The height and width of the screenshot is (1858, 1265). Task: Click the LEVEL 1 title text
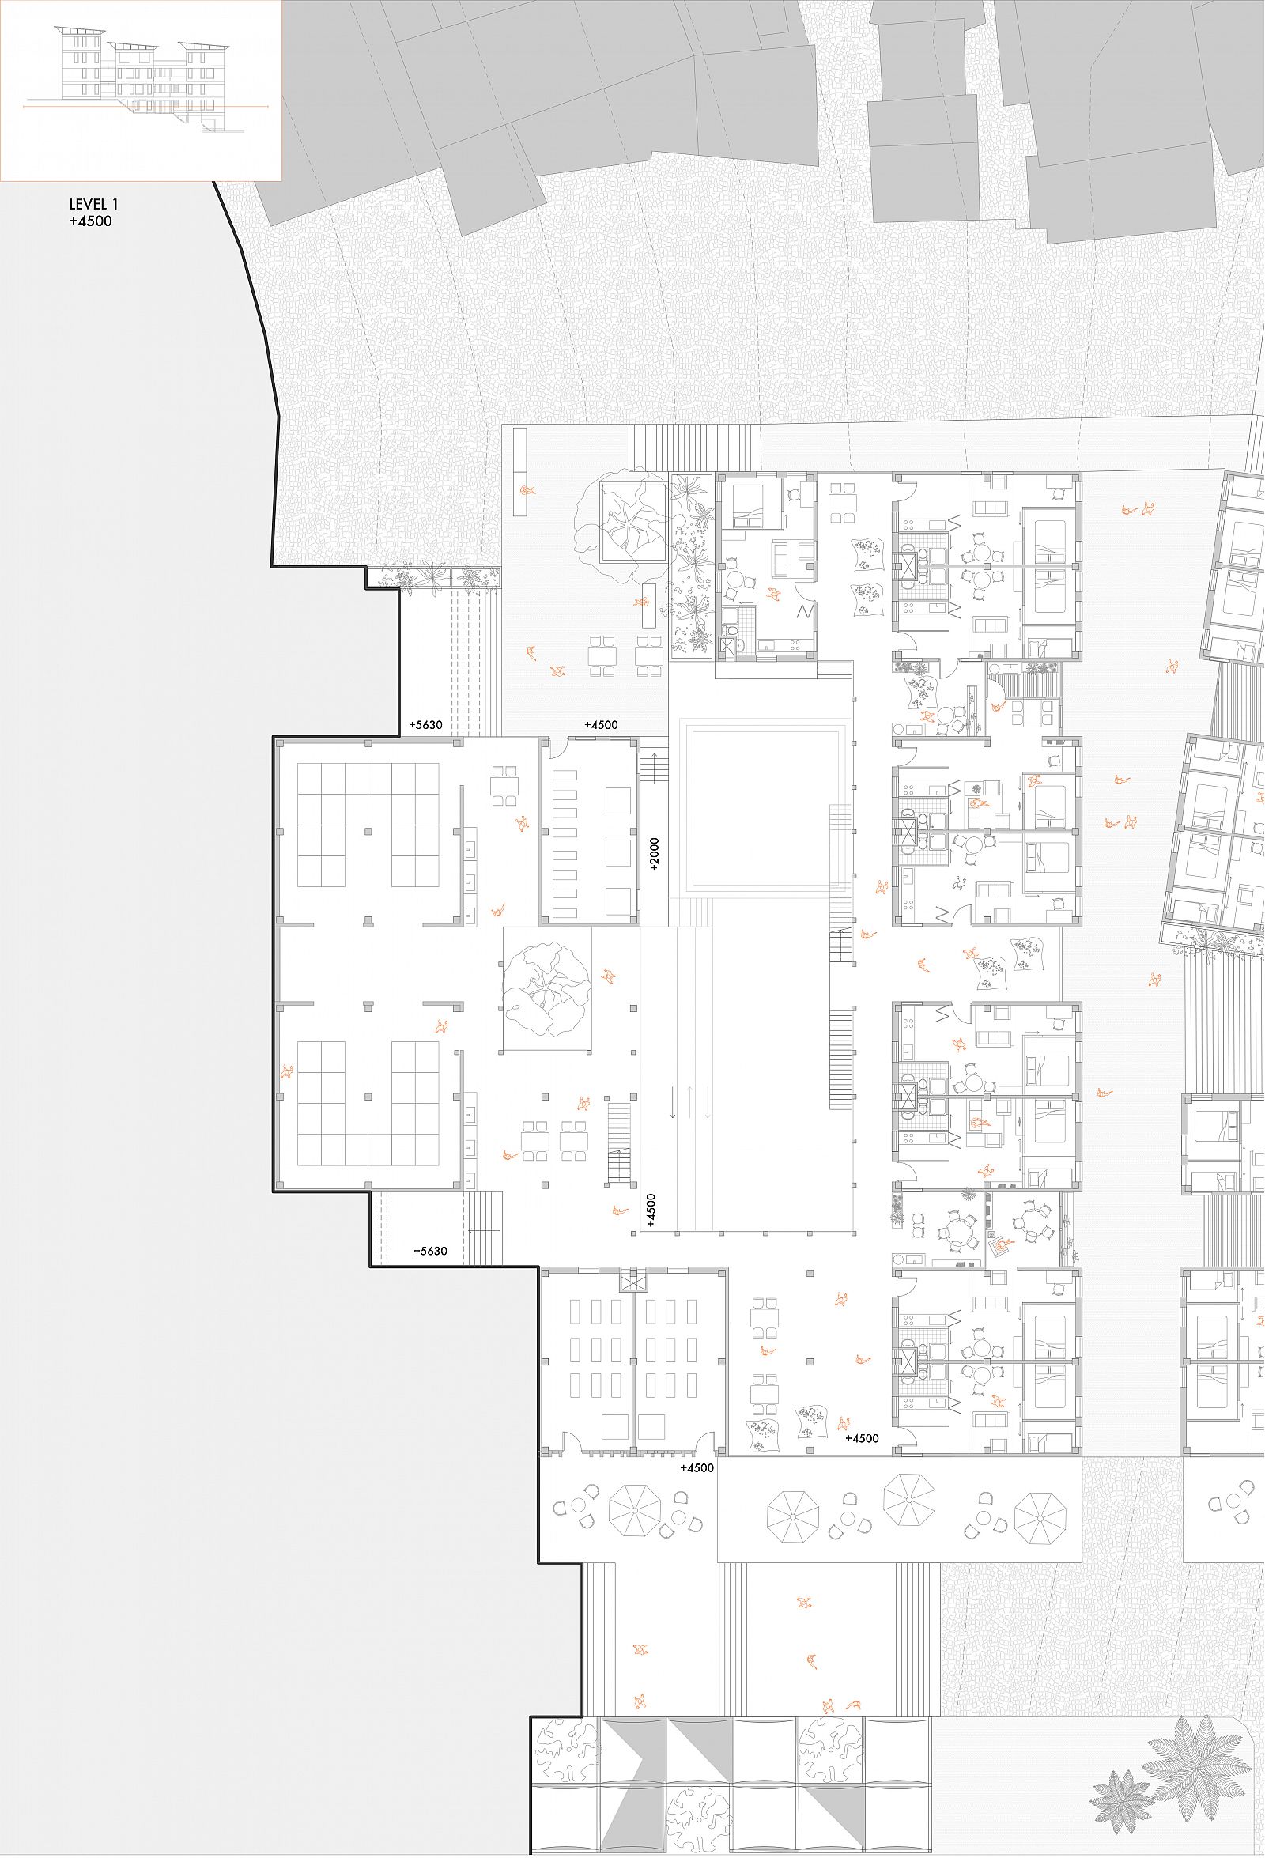[93, 206]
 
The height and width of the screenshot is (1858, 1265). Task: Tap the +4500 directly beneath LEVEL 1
[90, 221]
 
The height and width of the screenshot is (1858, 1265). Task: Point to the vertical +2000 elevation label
[654, 855]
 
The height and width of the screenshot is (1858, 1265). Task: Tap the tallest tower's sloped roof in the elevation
[79, 29]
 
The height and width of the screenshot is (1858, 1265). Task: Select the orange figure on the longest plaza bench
[525, 491]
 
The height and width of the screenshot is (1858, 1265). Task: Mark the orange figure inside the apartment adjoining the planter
[773, 594]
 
